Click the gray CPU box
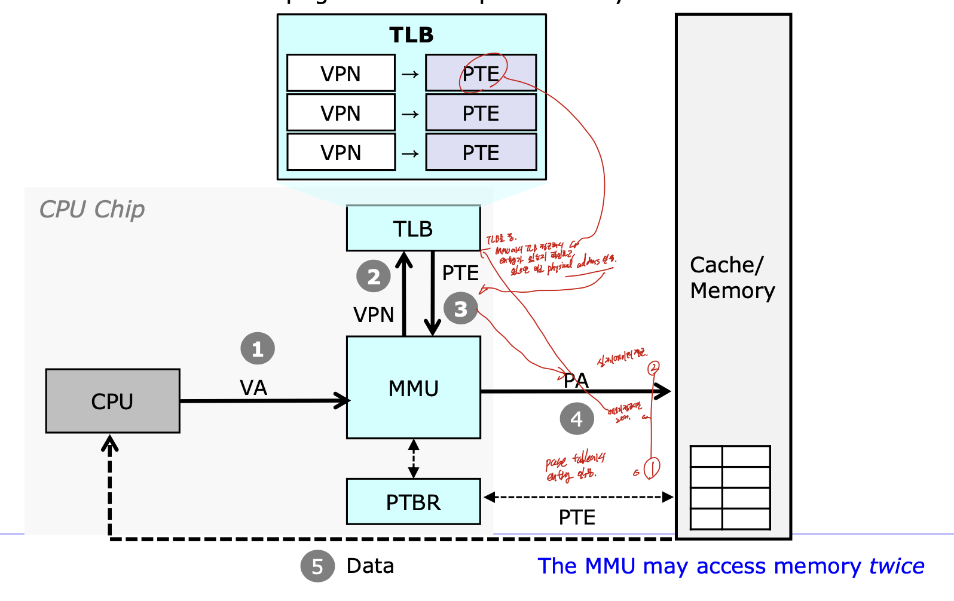[112, 401]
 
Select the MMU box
[413, 388]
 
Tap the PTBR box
[413, 502]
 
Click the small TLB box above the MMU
[413, 228]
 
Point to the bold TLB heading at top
[411, 35]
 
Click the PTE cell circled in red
[481, 73]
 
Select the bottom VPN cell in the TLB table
[341, 152]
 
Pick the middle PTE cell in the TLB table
[481, 113]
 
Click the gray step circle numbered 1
[258, 348]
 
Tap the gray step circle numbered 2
[374, 276]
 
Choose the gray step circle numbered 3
[460, 309]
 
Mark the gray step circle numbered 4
[576, 418]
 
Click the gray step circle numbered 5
[317, 566]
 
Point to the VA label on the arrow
[253, 388]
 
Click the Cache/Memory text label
[732, 278]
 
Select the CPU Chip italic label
[92, 209]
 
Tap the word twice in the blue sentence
[897, 566]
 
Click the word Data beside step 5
[370, 566]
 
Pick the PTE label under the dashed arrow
[577, 517]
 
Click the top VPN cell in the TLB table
[341, 73]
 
